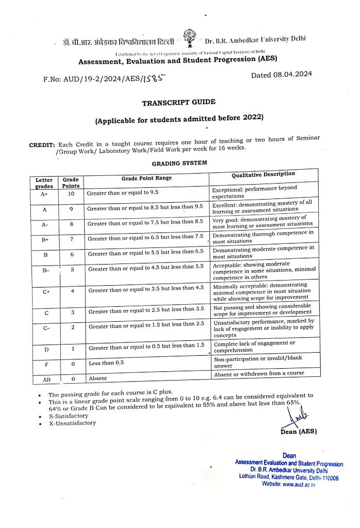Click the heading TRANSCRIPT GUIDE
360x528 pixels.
click(179, 102)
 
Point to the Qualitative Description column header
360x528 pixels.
click(263, 174)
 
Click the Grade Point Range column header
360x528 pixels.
click(146, 178)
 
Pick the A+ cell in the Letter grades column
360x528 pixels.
click(44, 194)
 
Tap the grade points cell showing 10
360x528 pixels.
click(71, 194)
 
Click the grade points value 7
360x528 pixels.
click(72, 239)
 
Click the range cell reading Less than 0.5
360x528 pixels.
click(106, 363)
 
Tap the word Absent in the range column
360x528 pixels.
click(97, 378)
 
